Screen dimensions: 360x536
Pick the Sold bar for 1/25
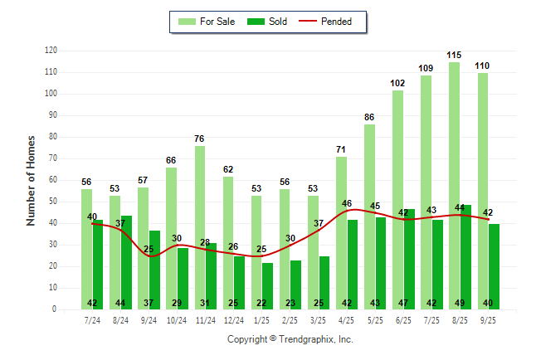(268, 285)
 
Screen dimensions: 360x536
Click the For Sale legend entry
(207, 22)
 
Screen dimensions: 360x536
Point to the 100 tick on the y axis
(51, 94)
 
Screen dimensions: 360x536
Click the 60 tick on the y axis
(53, 180)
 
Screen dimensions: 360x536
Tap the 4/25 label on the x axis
(347, 320)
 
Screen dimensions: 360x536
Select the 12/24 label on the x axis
(233, 320)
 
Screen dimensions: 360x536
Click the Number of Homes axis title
(31, 180)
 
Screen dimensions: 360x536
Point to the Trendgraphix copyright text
(290, 339)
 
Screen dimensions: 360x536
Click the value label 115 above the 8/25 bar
(454, 56)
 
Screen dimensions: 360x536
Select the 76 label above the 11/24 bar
(200, 139)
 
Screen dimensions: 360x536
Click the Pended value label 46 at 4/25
(348, 203)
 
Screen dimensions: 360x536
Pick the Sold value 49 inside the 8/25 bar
(465, 303)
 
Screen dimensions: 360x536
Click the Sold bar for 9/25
(494, 265)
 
